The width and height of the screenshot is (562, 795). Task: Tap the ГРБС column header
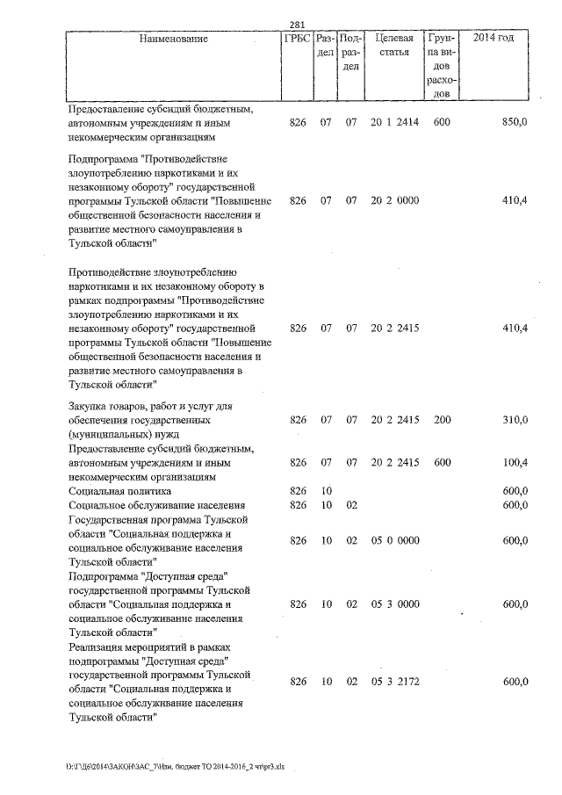coord(297,39)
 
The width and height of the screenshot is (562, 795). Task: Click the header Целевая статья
coord(393,46)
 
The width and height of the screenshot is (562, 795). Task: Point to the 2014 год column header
coord(494,39)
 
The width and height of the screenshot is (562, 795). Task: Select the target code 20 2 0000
coord(393,200)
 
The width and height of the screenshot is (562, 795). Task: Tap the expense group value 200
coord(442,420)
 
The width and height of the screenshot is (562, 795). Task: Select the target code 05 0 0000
coord(393,540)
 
